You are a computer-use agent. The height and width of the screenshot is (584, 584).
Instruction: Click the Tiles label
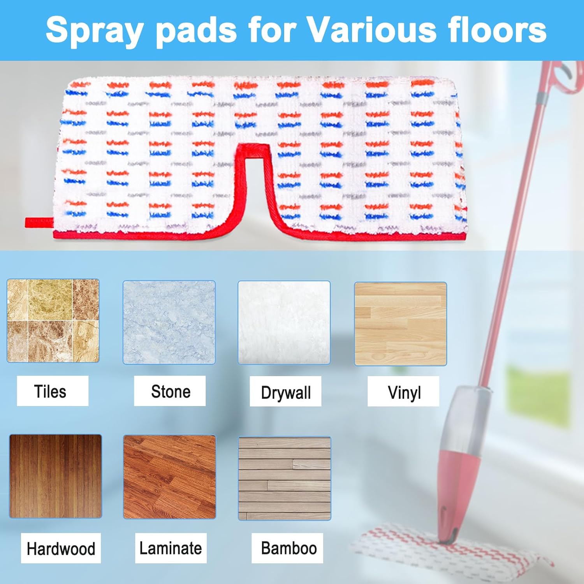tap(50, 391)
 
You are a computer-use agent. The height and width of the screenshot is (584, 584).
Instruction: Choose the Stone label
tap(171, 391)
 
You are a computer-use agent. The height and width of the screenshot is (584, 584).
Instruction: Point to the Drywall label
tap(286, 392)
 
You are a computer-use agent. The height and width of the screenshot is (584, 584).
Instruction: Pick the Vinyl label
tap(405, 392)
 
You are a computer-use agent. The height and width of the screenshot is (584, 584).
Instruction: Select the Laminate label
tap(171, 548)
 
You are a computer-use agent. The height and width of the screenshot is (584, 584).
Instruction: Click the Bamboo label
tap(289, 548)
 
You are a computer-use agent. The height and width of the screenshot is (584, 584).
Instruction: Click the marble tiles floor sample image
tap(53, 320)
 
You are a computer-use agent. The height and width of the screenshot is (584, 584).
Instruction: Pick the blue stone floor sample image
tap(169, 322)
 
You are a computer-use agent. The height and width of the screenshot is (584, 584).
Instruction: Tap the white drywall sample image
tap(284, 322)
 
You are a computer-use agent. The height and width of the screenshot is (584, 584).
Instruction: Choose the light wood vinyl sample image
tap(401, 324)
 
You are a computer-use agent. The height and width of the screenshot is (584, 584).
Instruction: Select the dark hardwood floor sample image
tap(56, 476)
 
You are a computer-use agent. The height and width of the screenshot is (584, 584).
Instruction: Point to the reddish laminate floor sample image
tap(169, 477)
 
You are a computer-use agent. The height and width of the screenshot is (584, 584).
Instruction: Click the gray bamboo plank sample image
tap(285, 478)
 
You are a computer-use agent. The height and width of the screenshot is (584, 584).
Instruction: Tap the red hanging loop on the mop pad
tap(39, 222)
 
